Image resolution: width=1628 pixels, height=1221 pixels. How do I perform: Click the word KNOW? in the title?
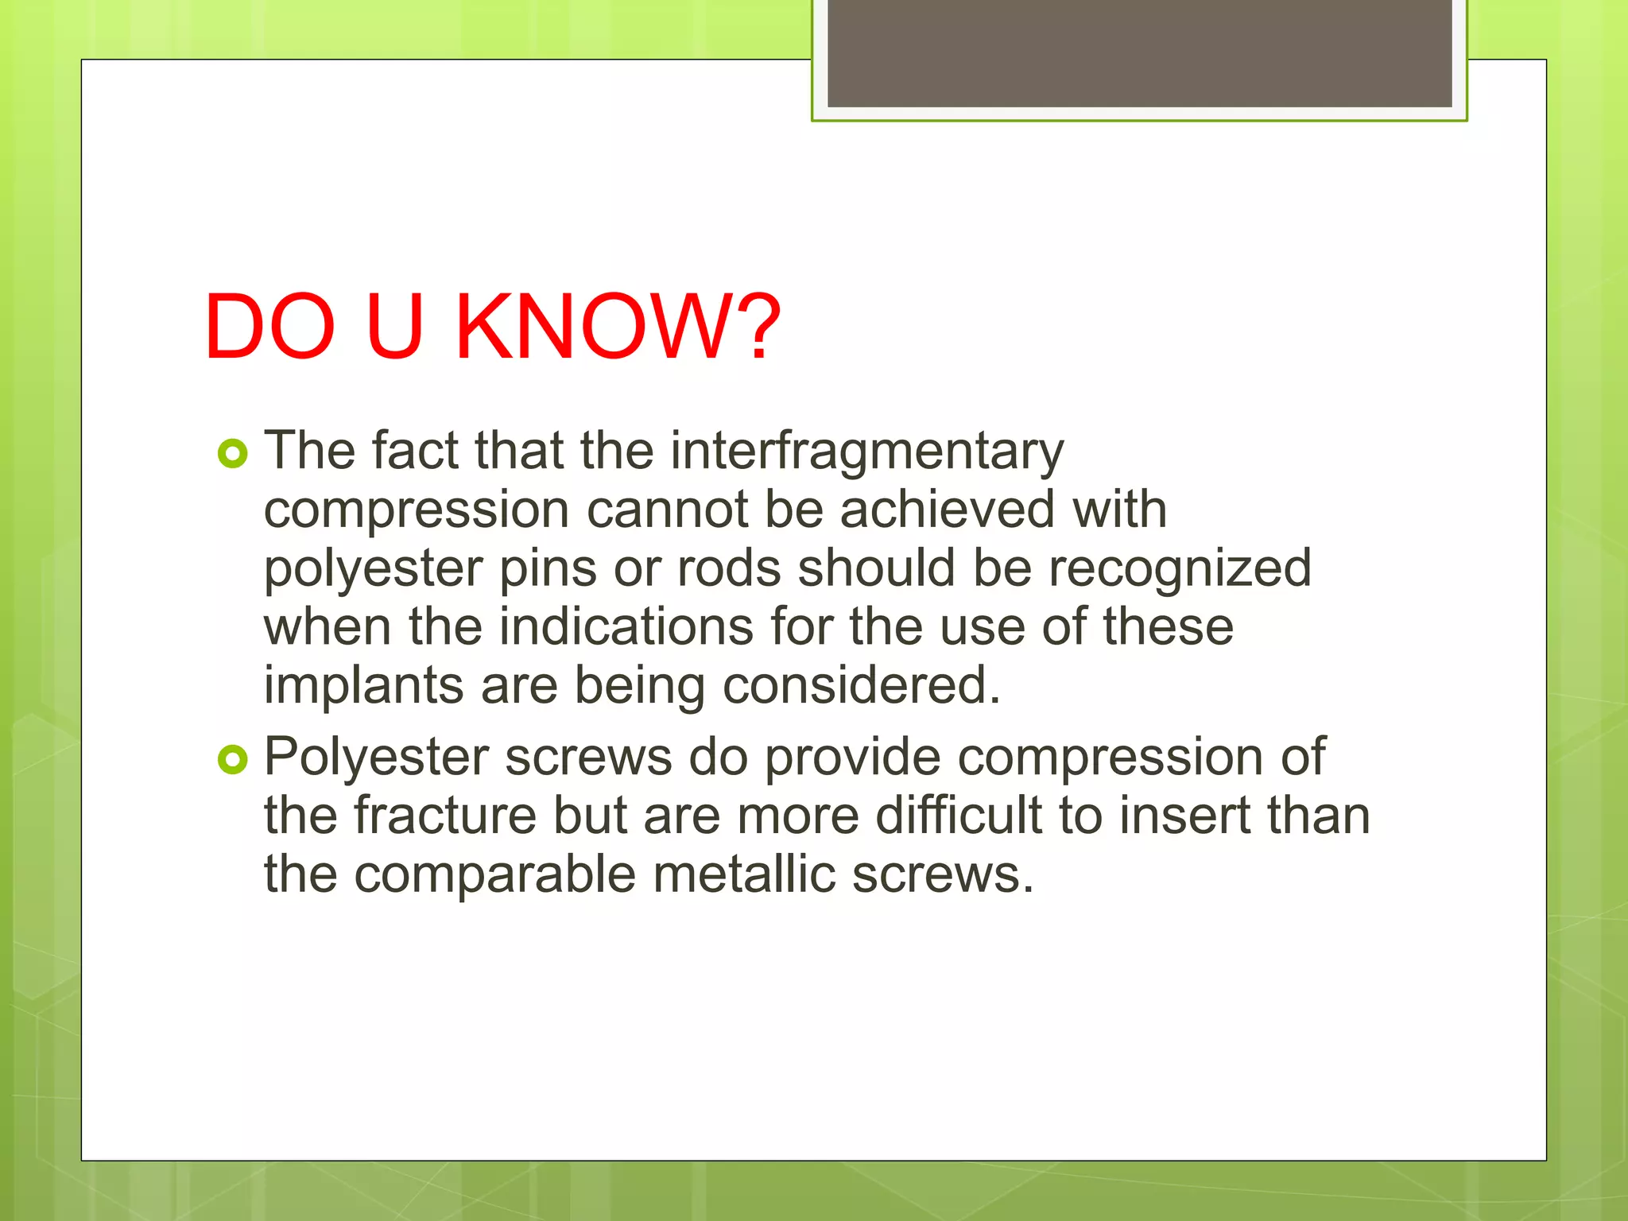click(618, 327)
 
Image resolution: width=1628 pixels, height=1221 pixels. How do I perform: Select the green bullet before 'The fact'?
click(232, 454)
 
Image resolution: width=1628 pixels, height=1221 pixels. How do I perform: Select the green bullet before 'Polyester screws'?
click(232, 760)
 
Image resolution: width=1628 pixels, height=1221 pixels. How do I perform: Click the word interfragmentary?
click(866, 452)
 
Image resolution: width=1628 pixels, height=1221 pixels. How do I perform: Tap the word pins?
click(548, 568)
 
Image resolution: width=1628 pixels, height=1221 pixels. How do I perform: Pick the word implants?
click(363, 686)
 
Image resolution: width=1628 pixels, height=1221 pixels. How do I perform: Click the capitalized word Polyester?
click(376, 758)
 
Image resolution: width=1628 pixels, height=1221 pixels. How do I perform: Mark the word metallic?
click(743, 874)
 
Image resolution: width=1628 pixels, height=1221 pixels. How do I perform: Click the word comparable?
click(494, 875)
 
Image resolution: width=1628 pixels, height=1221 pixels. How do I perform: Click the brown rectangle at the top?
click(1139, 52)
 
